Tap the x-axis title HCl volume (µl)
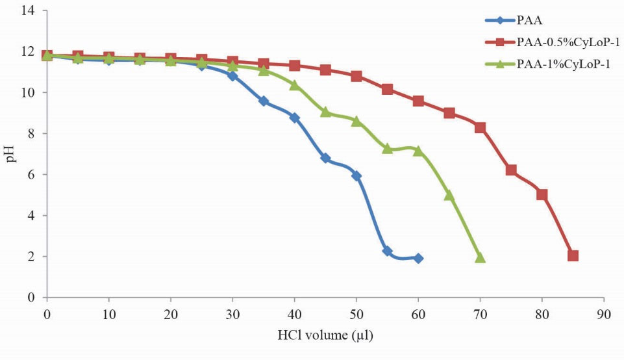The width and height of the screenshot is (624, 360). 325,336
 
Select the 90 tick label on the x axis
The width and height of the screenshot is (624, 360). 604,315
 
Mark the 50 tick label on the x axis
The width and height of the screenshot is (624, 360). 356,315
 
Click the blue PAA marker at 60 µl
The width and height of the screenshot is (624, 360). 418,258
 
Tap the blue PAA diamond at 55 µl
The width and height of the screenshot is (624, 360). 387,251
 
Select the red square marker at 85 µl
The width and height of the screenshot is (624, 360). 573,255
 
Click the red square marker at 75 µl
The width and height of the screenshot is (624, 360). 511,170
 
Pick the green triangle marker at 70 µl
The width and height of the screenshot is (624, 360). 480,257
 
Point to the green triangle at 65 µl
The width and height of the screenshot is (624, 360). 449,195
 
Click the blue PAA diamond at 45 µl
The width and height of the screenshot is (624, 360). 325,158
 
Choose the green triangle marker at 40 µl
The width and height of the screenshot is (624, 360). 294,85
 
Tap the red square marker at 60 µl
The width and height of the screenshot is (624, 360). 418,101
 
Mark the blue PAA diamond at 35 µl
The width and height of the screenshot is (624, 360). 264,101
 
